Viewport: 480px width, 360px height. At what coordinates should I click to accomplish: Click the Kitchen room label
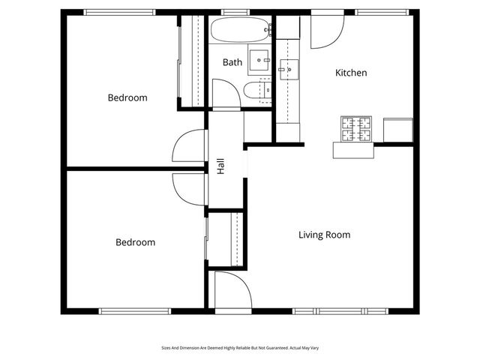point(351,73)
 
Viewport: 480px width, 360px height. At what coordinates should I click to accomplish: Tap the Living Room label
point(324,235)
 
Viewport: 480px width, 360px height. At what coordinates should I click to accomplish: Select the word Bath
point(232,62)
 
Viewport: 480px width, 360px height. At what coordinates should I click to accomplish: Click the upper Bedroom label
point(127,97)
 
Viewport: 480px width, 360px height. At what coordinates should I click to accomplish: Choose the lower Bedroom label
point(135,242)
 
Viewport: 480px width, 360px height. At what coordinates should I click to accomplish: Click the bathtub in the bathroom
point(238,31)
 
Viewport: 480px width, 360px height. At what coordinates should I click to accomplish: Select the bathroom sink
point(260,58)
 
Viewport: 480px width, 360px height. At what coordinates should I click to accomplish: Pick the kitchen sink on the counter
point(287,70)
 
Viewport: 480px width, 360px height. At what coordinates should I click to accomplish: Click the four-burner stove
point(356,129)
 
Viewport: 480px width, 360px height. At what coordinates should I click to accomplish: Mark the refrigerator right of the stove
point(397,130)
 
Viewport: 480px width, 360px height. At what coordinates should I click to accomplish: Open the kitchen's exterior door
point(326,31)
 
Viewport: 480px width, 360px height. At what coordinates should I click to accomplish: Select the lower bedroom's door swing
point(188,187)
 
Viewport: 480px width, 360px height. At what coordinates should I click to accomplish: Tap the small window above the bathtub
point(235,12)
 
